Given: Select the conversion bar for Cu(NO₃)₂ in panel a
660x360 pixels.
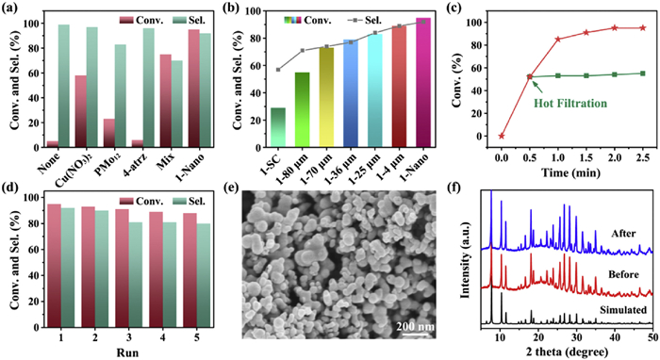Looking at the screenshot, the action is [x=81, y=111].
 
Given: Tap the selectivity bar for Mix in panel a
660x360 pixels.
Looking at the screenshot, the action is [x=177, y=104].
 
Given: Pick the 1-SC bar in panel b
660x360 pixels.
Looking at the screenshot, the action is [x=278, y=127].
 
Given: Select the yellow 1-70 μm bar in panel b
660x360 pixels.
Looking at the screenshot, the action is [x=326, y=97].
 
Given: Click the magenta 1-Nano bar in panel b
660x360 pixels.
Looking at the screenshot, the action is [x=423, y=82].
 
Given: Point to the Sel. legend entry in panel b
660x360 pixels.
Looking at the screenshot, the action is [x=365, y=20].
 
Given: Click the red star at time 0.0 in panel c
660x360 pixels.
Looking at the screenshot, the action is [x=502, y=136].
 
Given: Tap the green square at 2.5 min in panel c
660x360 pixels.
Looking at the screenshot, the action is [x=643, y=74].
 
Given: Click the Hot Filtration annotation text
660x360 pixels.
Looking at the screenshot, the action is [x=570, y=103].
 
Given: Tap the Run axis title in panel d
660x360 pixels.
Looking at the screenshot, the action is [x=128, y=352].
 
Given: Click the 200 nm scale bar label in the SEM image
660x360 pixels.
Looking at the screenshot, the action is [x=415, y=326].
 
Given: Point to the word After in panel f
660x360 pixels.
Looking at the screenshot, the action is [x=624, y=234].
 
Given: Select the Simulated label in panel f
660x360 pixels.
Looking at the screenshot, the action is [x=623, y=310].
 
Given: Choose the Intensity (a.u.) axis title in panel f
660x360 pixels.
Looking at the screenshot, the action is [x=465, y=261].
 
